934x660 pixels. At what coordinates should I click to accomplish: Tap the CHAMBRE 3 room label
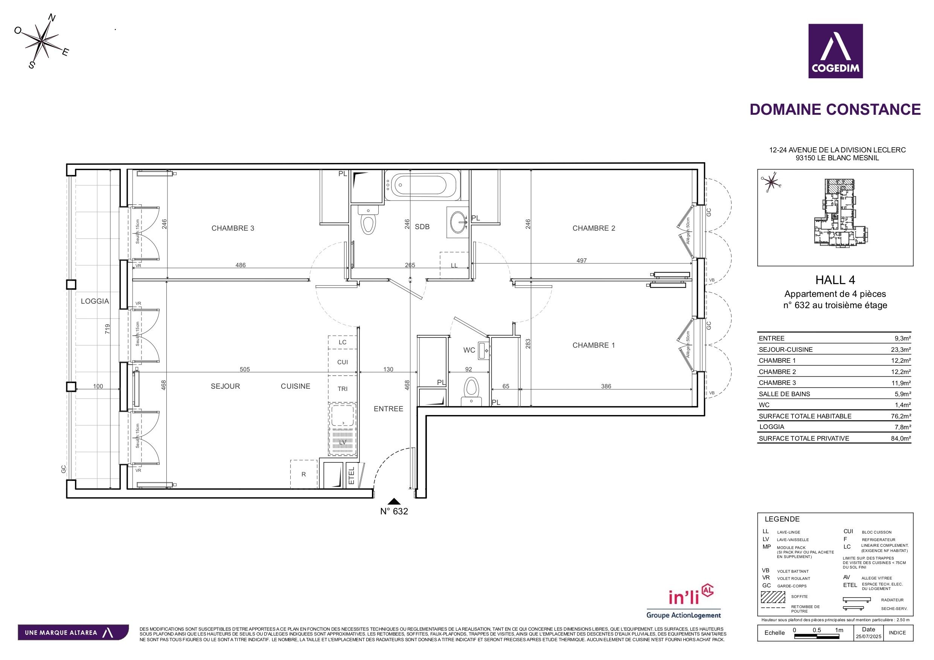click(233, 228)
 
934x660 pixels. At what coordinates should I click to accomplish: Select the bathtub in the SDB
click(422, 186)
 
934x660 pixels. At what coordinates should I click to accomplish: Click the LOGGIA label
click(95, 301)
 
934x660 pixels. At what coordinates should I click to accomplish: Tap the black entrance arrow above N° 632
click(394, 502)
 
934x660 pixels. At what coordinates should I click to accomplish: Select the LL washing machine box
click(454, 265)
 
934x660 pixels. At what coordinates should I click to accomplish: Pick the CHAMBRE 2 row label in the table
click(777, 372)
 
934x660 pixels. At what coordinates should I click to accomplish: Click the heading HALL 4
click(835, 280)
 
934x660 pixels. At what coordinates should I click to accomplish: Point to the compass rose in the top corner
click(42, 41)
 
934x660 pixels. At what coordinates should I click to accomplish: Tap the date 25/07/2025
click(868, 636)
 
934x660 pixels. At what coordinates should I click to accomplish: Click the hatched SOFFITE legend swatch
click(772, 597)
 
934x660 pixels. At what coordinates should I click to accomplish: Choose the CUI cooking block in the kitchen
click(342, 362)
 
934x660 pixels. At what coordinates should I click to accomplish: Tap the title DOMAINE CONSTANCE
click(835, 109)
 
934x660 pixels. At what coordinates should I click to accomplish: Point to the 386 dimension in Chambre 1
click(606, 386)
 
